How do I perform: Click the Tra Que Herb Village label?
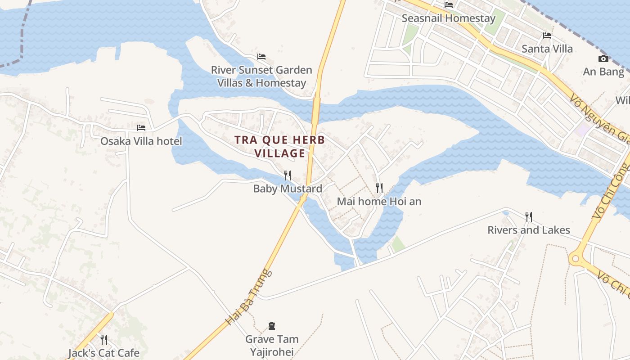(x=279, y=147)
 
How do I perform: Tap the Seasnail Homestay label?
(x=448, y=18)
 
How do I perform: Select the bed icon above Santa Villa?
(x=547, y=36)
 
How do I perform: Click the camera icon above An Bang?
(x=603, y=59)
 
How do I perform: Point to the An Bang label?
(x=603, y=72)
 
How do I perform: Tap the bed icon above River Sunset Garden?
(x=261, y=57)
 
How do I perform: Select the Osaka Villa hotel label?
(x=141, y=141)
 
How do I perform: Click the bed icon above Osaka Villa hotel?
(x=141, y=128)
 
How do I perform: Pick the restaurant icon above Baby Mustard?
(x=288, y=175)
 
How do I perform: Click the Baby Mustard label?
(x=288, y=189)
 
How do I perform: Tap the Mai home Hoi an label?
(x=379, y=201)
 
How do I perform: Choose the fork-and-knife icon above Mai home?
(x=379, y=188)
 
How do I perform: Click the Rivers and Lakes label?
(x=529, y=230)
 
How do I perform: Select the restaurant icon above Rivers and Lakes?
(x=529, y=217)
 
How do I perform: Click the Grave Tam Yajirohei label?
(x=272, y=345)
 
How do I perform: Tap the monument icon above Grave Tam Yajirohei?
(x=272, y=325)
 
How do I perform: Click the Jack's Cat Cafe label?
(x=104, y=353)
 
